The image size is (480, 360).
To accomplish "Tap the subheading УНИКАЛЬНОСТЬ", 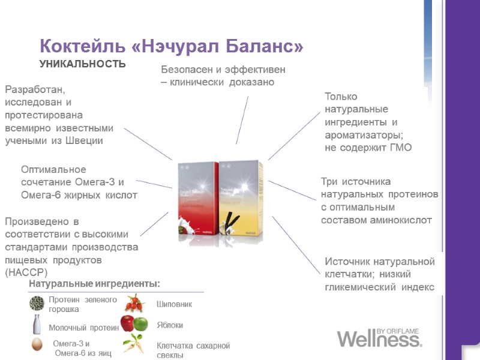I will coord(83,64).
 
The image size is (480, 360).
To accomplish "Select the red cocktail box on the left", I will coord(199,198).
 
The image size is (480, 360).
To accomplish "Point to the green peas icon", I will coord(37,303).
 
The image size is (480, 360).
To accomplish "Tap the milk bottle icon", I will coord(37,324).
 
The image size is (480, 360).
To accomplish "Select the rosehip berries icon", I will coord(134,303).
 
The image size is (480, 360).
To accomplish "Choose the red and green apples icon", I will coord(134,324).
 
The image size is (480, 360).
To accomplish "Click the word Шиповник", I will coord(175,304).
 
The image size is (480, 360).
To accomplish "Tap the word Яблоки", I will coord(170,325).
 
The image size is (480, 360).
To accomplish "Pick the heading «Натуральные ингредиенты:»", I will coord(95,283).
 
